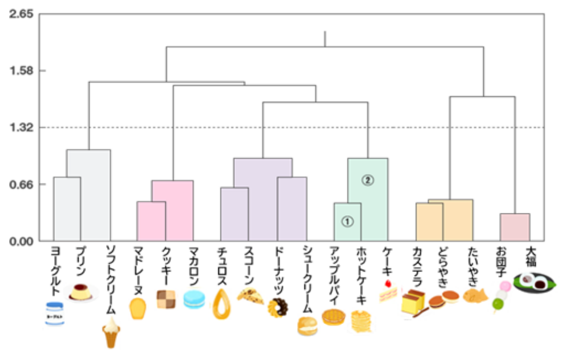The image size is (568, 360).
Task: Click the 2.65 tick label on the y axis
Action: click(21, 14)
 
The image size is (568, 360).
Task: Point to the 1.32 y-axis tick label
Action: click(21, 127)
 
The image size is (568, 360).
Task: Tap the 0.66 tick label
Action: click(21, 184)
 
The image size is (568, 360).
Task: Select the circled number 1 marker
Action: click(347, 221)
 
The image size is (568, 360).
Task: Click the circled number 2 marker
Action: click(368, 180)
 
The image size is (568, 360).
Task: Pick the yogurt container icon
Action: click(55, 313)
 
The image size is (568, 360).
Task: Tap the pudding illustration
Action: click(81, 292)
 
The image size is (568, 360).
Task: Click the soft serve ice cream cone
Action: click(112, 332)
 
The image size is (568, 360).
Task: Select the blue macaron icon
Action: click(194, 299)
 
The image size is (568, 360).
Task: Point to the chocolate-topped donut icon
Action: click(278, 307)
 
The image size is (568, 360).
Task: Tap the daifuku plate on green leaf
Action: click(534, 282)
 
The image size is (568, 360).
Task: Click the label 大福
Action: click(531, 257)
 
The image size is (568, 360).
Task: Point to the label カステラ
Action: click(418, 266)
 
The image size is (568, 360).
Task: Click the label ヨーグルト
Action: click(55, 270)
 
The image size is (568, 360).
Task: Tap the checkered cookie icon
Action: click(166, 299)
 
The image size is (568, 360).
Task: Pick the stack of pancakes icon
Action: click(361, 321)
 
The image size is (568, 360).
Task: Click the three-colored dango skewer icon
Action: click(501, 296)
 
